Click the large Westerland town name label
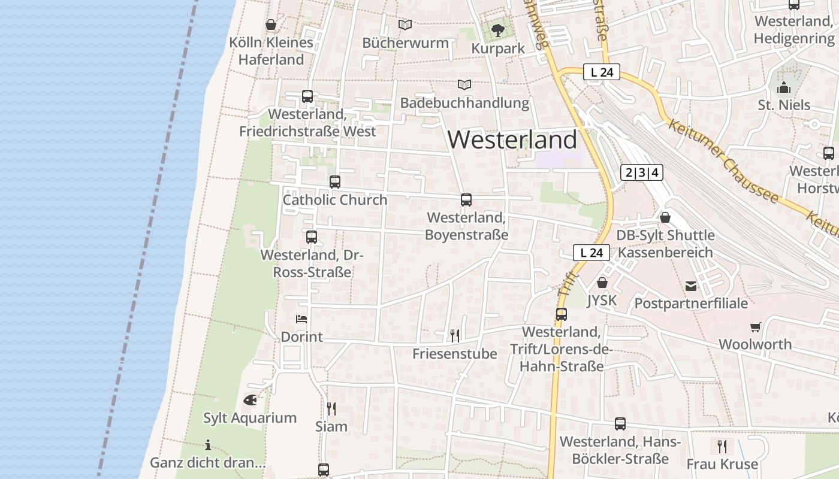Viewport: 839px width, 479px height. (x=512, y=140)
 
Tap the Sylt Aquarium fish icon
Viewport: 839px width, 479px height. (x=250, y=400)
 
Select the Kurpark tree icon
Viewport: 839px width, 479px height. (x=497, y=30)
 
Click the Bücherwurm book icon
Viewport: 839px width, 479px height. (x=405, y=25)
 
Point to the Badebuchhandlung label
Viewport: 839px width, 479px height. (x=464, y=103)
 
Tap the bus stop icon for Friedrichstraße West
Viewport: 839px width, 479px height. (x=307, y=96)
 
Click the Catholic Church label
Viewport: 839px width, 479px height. (x=334, y=200)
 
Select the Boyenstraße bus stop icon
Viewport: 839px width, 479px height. (x=466, y=200)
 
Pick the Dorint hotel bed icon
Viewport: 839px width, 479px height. (x=301, y=319)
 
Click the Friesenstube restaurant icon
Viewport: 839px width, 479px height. (x=455, y=335)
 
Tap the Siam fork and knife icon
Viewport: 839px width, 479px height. (x=331, y=408)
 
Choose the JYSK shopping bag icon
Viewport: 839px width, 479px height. (x=602, y=282)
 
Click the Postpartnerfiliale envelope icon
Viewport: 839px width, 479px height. (x=691, y=286)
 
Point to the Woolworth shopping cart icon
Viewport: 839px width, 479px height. (x=755, y=327)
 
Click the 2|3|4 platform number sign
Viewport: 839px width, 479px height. (x=642, y=173)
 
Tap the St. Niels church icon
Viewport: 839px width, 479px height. (x=784, y=88)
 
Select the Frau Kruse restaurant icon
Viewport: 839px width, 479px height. (x=722, y=446)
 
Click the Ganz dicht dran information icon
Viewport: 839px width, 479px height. (x=207, y=445)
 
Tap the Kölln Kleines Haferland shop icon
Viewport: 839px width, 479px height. (x=271, y=25)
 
